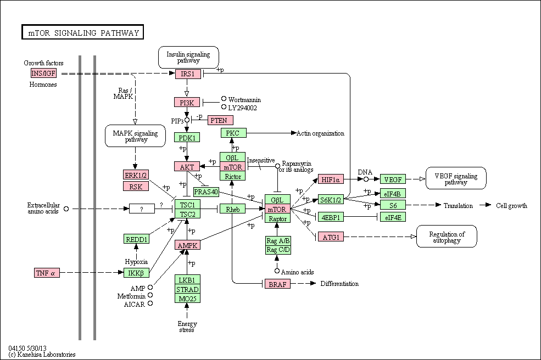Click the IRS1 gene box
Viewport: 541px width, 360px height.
188,74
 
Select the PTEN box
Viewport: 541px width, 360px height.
220,120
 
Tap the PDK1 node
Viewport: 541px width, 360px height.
187,138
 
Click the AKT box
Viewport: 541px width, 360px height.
187,166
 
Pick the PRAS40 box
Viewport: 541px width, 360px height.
206,192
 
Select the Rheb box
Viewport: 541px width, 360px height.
233,209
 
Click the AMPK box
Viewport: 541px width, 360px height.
187,245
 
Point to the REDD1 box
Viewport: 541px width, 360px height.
137,239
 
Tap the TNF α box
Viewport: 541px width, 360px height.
47,273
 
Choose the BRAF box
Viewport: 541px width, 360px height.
278,284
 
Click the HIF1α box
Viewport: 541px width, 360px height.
331,179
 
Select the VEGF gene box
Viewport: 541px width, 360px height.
393,179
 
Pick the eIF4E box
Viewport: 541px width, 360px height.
393,217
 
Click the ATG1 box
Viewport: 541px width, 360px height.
331,237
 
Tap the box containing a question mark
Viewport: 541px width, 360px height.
142,209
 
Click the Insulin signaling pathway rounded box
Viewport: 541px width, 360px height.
188,57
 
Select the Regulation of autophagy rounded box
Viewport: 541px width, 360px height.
447,237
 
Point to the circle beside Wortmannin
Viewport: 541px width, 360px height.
224,99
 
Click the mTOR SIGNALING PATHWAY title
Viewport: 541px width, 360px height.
83,33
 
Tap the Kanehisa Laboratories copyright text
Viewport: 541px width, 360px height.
42,355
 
